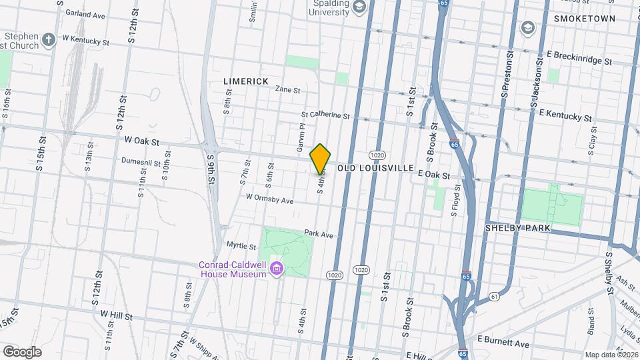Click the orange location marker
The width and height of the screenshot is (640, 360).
321,159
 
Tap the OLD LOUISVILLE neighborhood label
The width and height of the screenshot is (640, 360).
376,168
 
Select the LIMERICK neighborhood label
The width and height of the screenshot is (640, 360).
246,81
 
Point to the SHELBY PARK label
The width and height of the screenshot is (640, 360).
517,228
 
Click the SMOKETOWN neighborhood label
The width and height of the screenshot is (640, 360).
584,19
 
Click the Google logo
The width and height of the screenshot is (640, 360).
22,351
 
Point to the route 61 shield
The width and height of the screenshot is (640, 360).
494,296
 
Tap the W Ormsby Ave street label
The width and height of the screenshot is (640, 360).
269,199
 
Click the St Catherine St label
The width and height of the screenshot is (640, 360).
325,115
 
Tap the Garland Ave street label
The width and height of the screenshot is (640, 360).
81,14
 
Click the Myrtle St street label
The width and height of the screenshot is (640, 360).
241,246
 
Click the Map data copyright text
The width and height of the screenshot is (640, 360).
611,354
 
